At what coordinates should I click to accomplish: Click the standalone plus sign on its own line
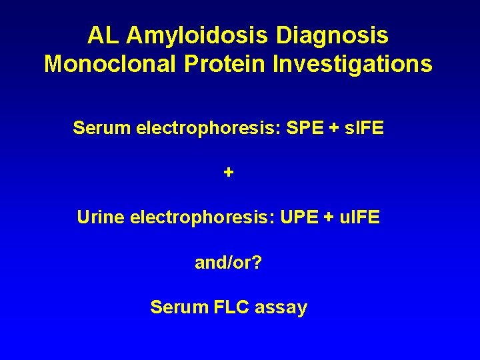229,173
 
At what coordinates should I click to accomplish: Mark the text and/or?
228,263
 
